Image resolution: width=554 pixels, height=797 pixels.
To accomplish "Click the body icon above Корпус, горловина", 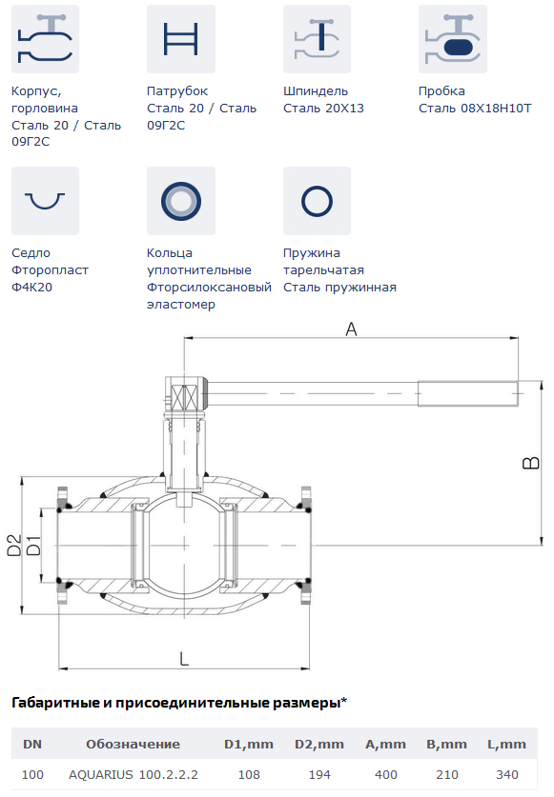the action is pyautogui.click(x=45, y=39).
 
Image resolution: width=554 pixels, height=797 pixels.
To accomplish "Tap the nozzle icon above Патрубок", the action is pyautogui.click(x=181, y=39).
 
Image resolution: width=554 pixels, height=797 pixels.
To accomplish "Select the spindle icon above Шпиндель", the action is pyautogui.click(x=317, y=39).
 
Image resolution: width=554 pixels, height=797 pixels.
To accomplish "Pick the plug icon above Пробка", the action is pyautogui.click(x=453, y=39).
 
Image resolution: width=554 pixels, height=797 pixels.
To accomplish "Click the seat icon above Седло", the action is pyautogui.click(x=45, y=201).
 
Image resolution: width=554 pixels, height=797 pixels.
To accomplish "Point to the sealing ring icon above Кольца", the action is pyautogui.click(x=181, y=201).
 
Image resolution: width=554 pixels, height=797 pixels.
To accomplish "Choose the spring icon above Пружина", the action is pyautogui.click(x=317, y=201).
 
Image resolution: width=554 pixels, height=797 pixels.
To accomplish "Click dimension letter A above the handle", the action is pyautogui.click(x=351, y=329).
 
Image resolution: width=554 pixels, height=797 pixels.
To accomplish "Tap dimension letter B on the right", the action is pyautogui.click(x=531, y=463).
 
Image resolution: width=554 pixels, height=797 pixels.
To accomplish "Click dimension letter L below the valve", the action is pyautogui.click(x=184, y=659).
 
